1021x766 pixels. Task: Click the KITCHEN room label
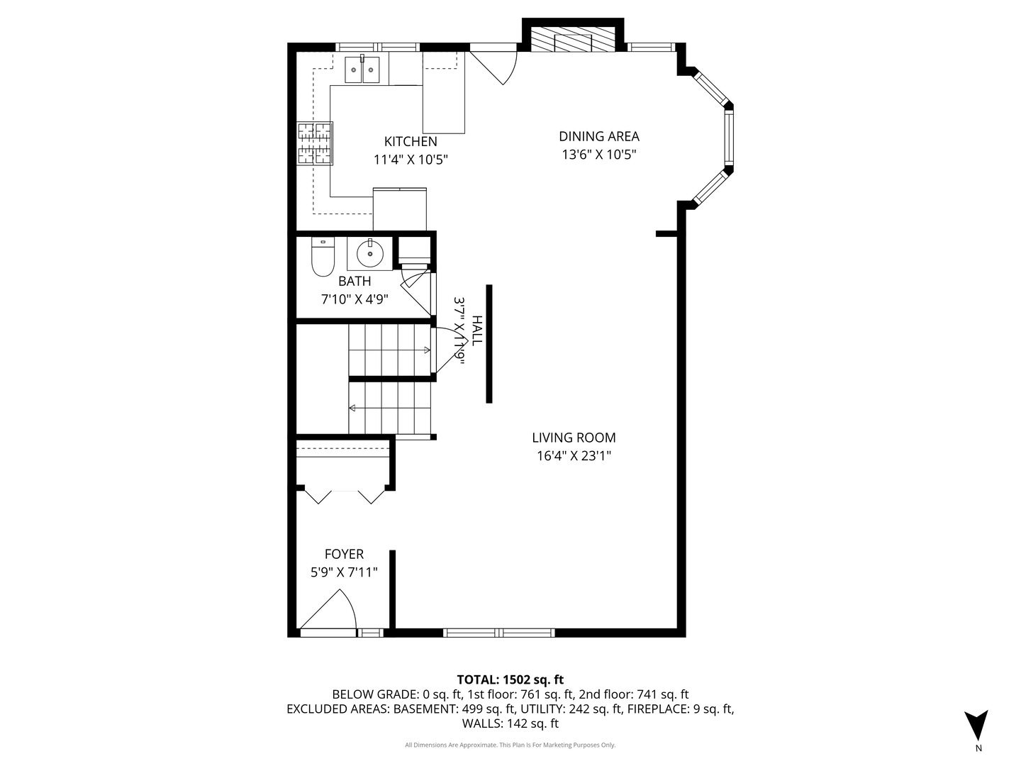(x=411, y=141)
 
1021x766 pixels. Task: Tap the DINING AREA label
(x=598, y=136)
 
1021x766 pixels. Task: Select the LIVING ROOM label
(x=574, y=438)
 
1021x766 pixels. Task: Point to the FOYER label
(x=344, y=554)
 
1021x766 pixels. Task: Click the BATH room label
(x=355, y=281)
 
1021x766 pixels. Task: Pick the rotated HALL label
(x=476, y=331)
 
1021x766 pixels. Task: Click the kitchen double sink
(x=362, y=70)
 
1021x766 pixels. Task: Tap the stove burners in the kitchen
(x=315, y=143)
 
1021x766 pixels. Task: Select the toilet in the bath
(x=323, y=258)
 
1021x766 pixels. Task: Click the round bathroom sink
(x=369, y=252)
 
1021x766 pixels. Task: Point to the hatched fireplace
(x=573, y=40)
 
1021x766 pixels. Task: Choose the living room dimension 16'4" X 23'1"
(x=574, y=456)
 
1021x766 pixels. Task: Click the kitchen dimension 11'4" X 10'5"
(x=411, y=160)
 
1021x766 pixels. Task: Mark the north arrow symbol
(x=976, y=725)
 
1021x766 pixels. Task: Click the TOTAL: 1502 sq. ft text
(x=510, y=679)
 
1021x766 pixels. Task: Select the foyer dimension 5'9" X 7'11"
(x=344, y=572)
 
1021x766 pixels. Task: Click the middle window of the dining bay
(x=728, y=138)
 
